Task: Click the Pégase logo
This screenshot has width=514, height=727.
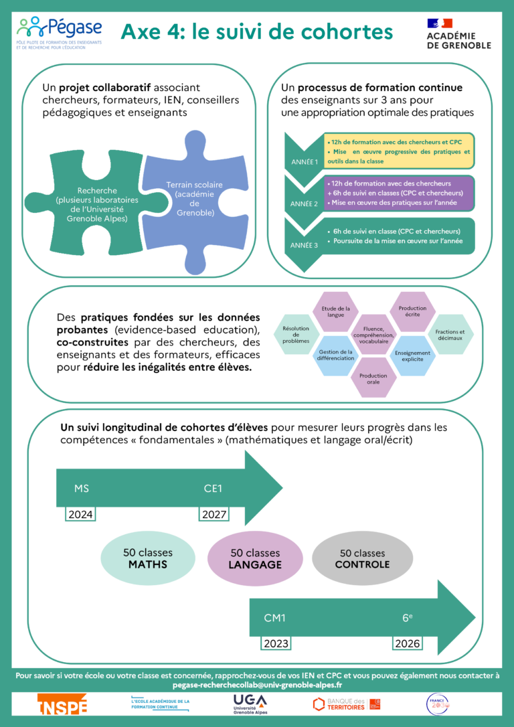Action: [x=60, y=30]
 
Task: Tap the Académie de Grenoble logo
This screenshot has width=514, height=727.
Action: [x=458, y=33]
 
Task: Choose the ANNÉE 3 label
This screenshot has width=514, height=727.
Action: [x=305, y=245]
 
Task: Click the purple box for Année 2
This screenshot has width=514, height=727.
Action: [x=399, y=193]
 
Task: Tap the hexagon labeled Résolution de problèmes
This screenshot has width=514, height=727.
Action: [x=296, y=335]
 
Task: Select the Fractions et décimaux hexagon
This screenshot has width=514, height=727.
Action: [x=454, y=335]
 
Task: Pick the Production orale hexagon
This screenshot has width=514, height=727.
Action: [x=373, y=380]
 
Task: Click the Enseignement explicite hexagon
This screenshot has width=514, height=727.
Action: [x=413, y=356]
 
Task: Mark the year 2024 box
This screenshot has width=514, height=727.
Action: [x=80, y=514]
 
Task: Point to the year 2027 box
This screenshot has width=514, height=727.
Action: [x=213, y=514]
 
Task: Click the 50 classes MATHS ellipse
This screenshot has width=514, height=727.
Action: [x=147, y=558]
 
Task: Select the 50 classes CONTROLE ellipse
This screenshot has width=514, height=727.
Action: [x=362, y=558]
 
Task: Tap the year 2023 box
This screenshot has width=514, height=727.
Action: [x=276, y=643]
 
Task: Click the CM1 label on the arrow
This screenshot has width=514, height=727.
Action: [x=274, y=618]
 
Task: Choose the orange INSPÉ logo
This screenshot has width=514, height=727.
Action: [x=62, y=704]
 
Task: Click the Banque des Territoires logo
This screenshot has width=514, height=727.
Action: [x=347, y=704]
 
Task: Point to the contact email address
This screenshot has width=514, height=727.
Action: [x=257, y=685]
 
